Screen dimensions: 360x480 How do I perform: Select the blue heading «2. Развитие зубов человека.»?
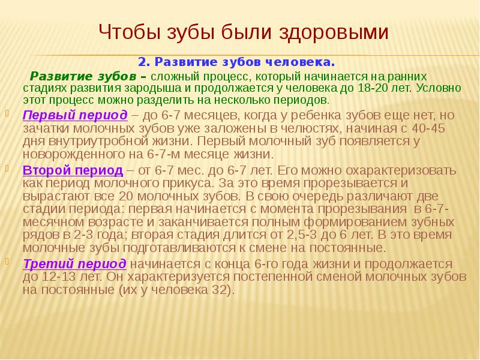236,62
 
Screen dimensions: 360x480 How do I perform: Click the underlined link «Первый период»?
75,115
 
